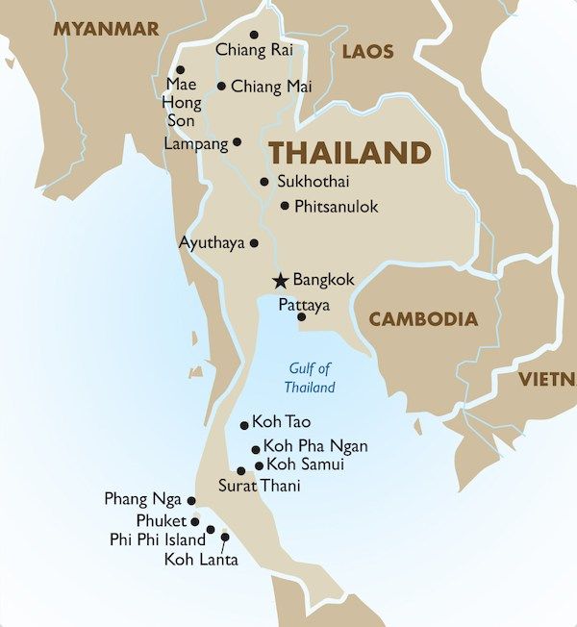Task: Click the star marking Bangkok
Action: pyautogui.click(x=280, y=281)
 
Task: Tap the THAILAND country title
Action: pyautogui.click(x=349, y=153)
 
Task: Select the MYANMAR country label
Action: pyautogui.click(x=106, y=29)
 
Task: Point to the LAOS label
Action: pyautogui.click(x=368, y=51)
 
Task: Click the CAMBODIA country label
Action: pyautogui.click(x=423, y=318)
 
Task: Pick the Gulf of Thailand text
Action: pyautogui.click(x=310, y=378)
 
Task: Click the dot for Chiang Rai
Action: pyautogui.click(x=254, y=35)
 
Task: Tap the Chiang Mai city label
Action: pyautogui.click(x=271, y=87)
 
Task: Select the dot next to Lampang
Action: pyautogui.click(x=238, y=142)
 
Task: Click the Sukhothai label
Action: pyautogui.click(x=312, y=181)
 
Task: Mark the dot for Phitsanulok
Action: pyautogui.click(x=285, y=206)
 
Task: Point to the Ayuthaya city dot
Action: pyautogui.click(x=254, y=243)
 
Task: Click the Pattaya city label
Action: pyautogui.click(x=303, y=304)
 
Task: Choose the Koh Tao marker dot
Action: pyautogui.click(x=244, y=425)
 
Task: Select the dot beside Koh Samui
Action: pyautogui.click(x=259, y=465)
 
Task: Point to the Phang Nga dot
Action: pyautogui.click(x=191, y=501)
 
